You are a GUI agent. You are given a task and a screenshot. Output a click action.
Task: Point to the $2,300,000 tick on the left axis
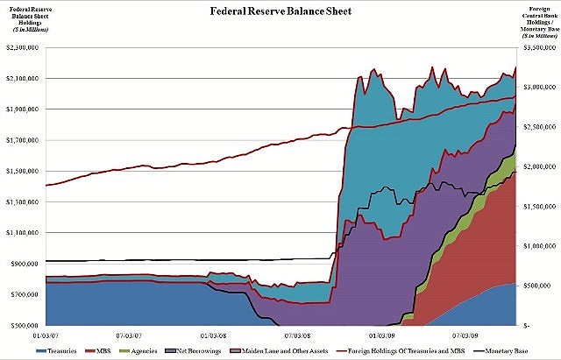click(x=25, y=47)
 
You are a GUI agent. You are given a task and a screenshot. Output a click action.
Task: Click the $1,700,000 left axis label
click(x=25, y=140)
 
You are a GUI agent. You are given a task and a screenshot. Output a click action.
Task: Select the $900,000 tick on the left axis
click(x=26, y=263)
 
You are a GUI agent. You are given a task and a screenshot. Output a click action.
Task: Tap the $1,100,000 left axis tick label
click(x=25, y=232)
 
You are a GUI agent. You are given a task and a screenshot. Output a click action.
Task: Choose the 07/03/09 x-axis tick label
click(x=465, y=333)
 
